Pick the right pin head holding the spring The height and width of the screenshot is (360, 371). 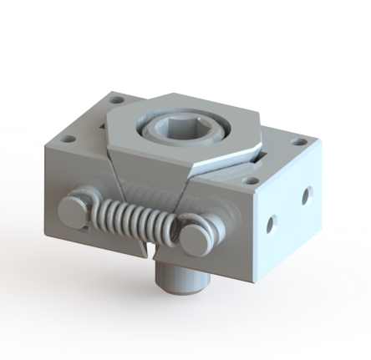pos(194,236)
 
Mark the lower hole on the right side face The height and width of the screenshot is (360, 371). pos(271,223)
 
